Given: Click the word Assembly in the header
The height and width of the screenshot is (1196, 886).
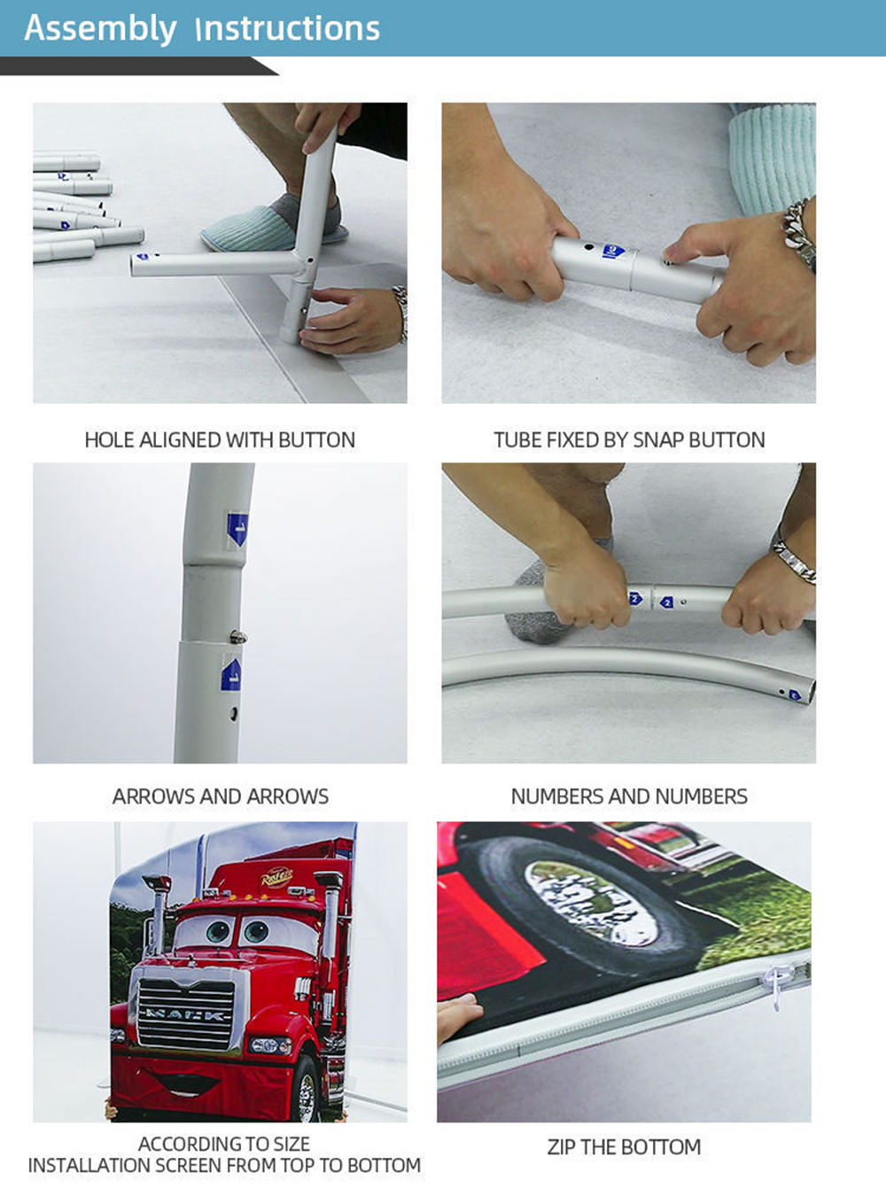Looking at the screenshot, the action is (100, 29).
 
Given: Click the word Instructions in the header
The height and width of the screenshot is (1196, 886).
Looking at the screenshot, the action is (288, 28).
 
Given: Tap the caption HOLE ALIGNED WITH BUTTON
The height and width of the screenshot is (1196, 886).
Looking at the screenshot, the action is (220, 440).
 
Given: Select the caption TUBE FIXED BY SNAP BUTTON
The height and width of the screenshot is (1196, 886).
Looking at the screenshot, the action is (629, 440).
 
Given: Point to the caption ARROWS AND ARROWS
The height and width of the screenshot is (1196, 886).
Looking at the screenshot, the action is (220, 796).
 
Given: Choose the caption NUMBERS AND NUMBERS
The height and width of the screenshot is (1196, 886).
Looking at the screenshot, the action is (629, 796).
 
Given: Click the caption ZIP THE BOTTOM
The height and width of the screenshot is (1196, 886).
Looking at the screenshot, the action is (624, 1147).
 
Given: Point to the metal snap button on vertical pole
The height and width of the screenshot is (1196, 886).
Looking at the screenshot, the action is (238, 637).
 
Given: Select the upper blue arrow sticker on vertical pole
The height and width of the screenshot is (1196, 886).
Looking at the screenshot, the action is (237, 527).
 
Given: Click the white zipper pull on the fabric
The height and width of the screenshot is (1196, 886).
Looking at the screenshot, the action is (774, 984).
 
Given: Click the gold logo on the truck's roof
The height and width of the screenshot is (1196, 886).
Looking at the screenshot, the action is (276, 877).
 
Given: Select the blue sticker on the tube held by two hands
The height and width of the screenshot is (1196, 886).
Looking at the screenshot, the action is (612, 251).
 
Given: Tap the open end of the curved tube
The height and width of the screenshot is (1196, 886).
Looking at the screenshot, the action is (810, 692).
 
